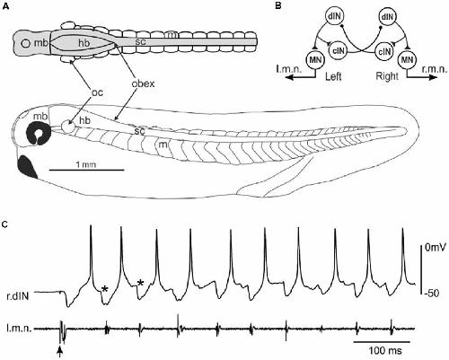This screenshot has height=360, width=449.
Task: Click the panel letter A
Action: click(x=5, y=5)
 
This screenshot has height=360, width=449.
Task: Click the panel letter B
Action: click(x=278, y=5)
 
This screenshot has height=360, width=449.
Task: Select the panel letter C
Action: click(x=5, y=224)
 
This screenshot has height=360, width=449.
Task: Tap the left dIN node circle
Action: click(x=334, y=17)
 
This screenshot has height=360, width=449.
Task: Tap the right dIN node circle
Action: click(x=387, y=17)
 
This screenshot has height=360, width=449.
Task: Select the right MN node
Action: click(x=407, y=60)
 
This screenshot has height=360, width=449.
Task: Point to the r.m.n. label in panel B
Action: click(x=434, y=70)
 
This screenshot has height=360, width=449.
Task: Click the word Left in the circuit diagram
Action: click(x=333, y=76)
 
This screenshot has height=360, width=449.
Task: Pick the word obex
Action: click(x=143, y=83)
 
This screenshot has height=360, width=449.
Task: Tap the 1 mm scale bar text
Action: click(x=86, y=164)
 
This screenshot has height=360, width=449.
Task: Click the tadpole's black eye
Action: click(x=39, y=134)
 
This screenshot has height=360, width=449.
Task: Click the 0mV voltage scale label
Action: click(x=436, y=248)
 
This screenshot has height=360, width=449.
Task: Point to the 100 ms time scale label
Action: click(x=385, y=350)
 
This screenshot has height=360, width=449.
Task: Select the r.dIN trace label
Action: click(x=18, y=296)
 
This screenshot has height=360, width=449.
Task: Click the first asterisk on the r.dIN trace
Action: click(x=104, y=289)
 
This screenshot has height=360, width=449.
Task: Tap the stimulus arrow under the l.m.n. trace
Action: click(x=60, y=351)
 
